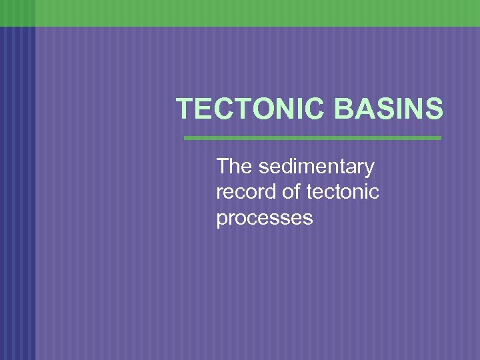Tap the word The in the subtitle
pyautogui.click(x=231, y=167)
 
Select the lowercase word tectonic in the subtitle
pyautogui.click(x=343, y=193)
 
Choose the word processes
pyautogui.click(x=264, y=219)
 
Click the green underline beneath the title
pyautogui.click(x=312, y=138)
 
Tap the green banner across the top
pyautogui.click(x=240, y=13)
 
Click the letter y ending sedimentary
pyautogui.click(x=369, y=168)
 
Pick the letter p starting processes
pyautogui.click(x=222, y=220)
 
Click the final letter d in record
pyautogui.click(x=268, y=193)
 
